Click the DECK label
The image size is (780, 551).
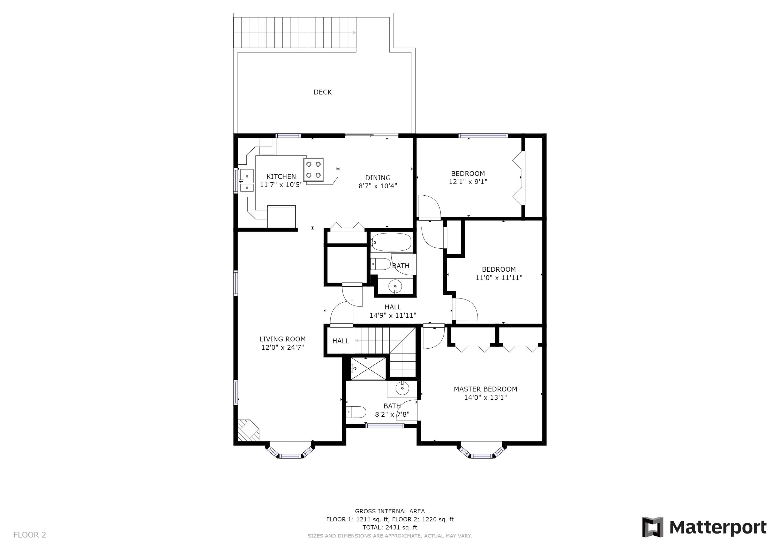pyautogui.click(x=322, y=92)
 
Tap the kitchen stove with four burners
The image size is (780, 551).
pyautogui.click(x=313, y=169)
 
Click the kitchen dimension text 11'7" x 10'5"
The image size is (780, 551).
pyautogui.click(x=281, y=185)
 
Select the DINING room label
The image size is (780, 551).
pyautogui.click(x=378, y=177)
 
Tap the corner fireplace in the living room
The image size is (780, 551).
pyautogui.click(x=248, y=430)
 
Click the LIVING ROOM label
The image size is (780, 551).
pyautogui.click(x=282, y=339)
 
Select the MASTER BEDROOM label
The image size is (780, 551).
pyautogui.click(x=485, y=389)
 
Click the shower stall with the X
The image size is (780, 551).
pyautogui.click(x=368, y=369)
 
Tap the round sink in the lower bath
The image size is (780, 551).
pyautogui.click(x=402, y=389)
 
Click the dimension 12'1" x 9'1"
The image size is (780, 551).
pyautogui.click(x=468, y=182)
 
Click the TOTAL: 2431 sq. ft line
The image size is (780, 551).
pyautogui.click(x=390, y=527)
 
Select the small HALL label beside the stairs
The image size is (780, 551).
pyautogui.click(x=340, y=341)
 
